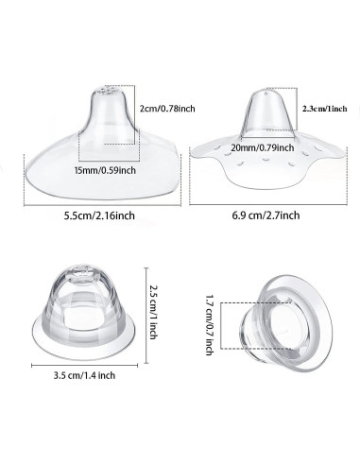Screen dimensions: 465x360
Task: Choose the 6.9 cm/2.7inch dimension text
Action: [x=266, y=215]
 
